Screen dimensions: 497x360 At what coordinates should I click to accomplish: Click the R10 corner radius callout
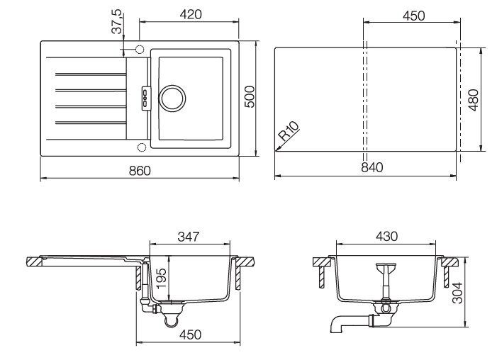click(x=289, y=133)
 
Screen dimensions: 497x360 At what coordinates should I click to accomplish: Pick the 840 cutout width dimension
click(x=371, y=168)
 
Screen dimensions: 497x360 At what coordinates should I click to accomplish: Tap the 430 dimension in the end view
click(x=386, y=235)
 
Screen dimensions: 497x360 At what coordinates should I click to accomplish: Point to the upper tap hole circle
click(x=140, y=50)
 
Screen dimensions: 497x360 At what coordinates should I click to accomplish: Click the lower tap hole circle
click(x=140, y=147)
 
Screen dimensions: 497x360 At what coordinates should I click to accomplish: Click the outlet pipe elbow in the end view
click(x=336, y=325)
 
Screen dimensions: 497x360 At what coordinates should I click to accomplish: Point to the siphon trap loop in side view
click(x=171, y=320)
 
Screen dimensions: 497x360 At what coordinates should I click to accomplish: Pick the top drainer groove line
click(x=89, y=73)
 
